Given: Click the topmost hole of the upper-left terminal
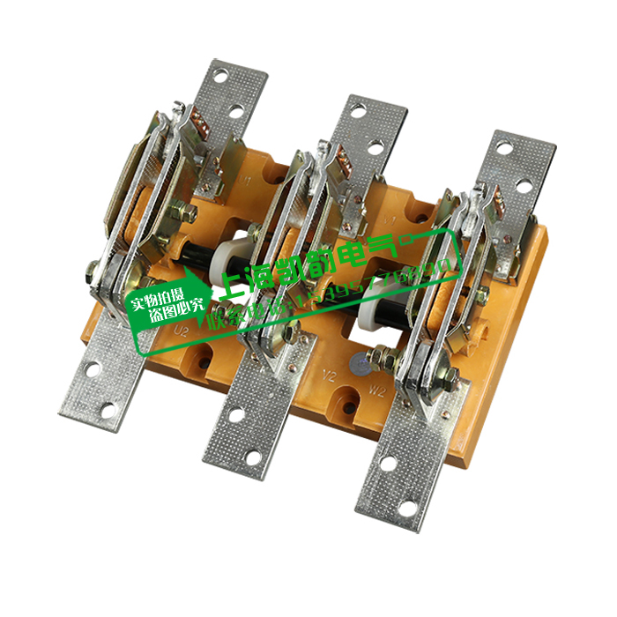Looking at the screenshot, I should (220, 76).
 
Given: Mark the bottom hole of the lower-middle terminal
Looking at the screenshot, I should (253, 458).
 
